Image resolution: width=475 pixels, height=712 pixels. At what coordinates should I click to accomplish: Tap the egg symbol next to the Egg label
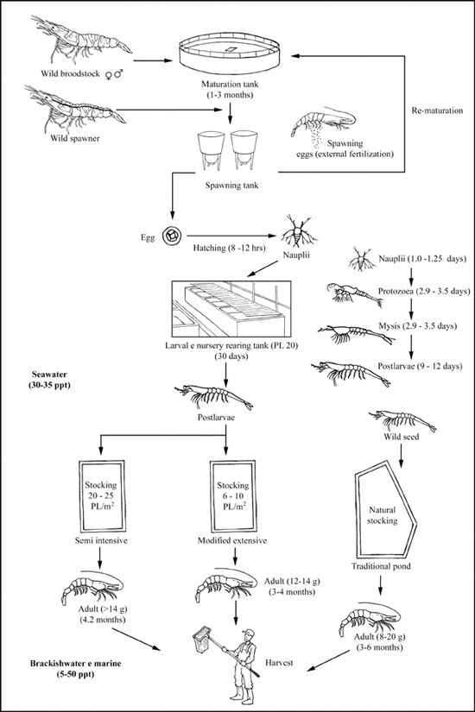pos(173,236)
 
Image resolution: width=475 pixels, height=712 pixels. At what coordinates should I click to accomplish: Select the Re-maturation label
pos(437,110)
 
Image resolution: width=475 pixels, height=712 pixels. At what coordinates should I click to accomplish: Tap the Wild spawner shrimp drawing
pos(75,107)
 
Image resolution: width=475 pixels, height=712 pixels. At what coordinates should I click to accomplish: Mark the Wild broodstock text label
pos(71,73)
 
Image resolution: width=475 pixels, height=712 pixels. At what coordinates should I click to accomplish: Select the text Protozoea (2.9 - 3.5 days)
pos(424,292)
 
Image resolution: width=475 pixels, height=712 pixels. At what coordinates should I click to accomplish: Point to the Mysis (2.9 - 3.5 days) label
pos(418,326)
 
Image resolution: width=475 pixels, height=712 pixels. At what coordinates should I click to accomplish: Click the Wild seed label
pos(402,437)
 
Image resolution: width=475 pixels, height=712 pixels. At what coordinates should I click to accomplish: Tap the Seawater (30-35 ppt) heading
pos(50,380)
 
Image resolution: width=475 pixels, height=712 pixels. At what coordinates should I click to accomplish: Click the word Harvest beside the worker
pos(279,663)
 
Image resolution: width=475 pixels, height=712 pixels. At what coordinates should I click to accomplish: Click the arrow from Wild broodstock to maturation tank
pos(154,60)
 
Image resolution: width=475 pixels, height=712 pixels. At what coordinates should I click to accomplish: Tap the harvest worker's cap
pos(248,632)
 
